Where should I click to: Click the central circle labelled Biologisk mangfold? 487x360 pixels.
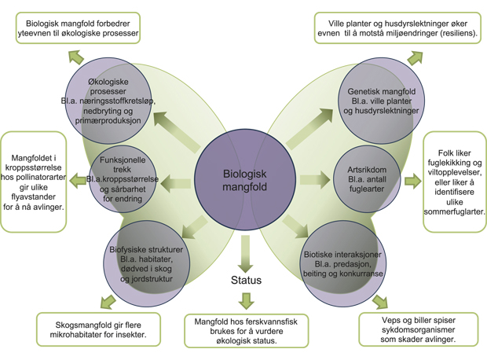[x=243, y=180]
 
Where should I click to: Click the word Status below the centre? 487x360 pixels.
[x=246, y=281]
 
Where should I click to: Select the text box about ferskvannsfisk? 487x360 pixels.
[x=246, y=331]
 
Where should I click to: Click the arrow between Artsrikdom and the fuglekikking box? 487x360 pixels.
[x=412, y=182]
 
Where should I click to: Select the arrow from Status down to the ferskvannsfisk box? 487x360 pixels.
[x=247, y=300]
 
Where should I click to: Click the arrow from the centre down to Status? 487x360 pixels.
[x=246, y=252]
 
